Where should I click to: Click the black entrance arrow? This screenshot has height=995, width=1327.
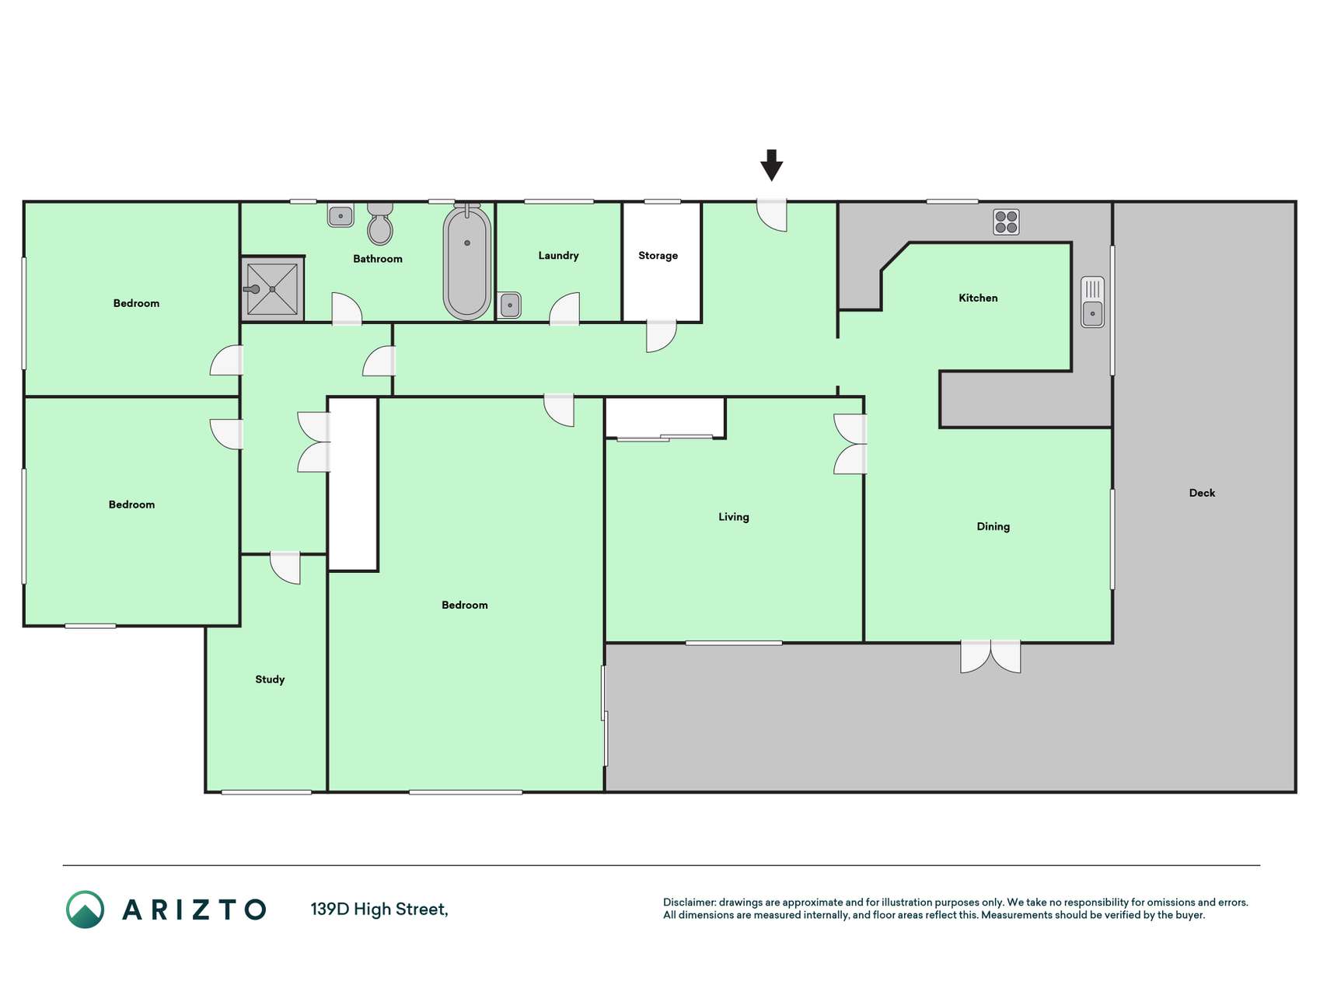tap(771, 165)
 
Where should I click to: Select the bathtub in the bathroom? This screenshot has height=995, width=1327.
tap(467, 262)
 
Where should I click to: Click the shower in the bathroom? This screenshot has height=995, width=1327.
tap(272, 289)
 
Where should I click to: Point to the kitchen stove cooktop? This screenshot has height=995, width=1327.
tap(1006, 222)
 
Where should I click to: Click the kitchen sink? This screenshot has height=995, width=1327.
tap(1092, 302)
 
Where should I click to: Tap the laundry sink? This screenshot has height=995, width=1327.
tap(510, 305)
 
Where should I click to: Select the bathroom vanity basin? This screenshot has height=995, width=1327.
tap(340, 215)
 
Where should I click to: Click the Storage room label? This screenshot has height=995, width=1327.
tap(658, 256)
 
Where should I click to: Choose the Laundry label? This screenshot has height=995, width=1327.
tap(558, 256)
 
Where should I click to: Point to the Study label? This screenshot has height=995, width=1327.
tap(270, 679)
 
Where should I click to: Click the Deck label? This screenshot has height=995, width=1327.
tap(1202, 493)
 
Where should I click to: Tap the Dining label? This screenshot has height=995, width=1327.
tap(993, 527)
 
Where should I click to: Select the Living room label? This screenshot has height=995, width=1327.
tap(733, 517)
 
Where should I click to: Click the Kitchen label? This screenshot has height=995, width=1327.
tap(978, 298)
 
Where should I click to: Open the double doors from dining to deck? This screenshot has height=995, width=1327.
tap(990, 657)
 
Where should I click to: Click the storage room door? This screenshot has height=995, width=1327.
tap(662, 336)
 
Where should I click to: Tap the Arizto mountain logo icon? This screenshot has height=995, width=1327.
tap(85, 909)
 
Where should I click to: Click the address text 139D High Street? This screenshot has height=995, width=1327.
tap(379, 909)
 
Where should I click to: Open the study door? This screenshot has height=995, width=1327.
tap(285, 567)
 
